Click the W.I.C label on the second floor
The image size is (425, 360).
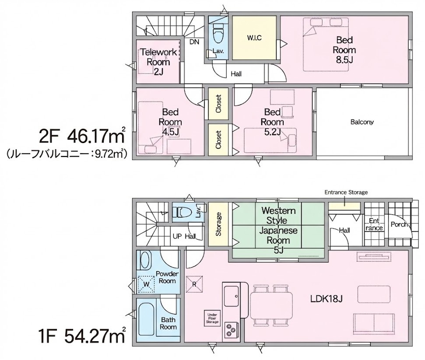(x=254, y=38)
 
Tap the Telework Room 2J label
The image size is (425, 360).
(x=158, y=62)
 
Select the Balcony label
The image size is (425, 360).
(x=362, y=122)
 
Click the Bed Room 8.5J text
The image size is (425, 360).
(x=344, y=50)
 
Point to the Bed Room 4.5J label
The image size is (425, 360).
(x=170, y=122)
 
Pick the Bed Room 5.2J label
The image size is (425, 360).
(x=272, y=122)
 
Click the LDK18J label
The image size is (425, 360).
(x=327, y=299)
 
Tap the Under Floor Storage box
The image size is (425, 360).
(x=212, y=318)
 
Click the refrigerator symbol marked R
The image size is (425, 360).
(x=194, y=284)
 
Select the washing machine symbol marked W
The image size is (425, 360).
(x=146, y=284)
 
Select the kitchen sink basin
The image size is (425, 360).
(x=232, y=296)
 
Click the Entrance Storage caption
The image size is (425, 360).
(x=346, y=192)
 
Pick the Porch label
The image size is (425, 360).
(x=399, y=224)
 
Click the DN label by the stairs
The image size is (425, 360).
(x=194, y=42)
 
